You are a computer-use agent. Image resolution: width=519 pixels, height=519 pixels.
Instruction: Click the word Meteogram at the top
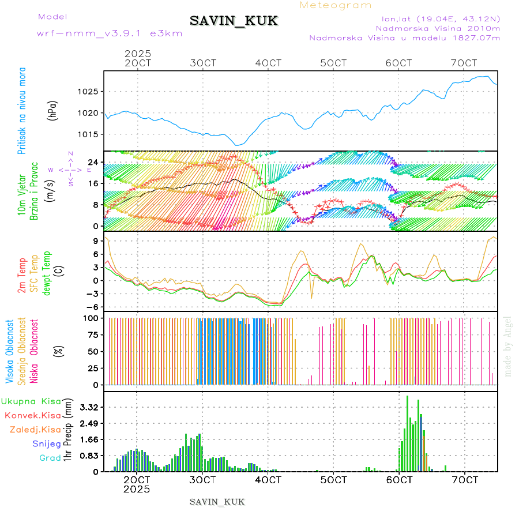tap(336, 5)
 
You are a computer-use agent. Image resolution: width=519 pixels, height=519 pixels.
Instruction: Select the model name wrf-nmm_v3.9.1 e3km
tap(110, 33)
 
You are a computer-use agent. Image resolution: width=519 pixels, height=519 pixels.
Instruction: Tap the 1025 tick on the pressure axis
tap(89, 92)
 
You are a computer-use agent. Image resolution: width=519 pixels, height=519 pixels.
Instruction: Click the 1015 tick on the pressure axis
tap(89, 134)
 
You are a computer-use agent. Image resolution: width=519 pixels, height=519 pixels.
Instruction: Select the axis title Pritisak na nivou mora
tap(22, 110)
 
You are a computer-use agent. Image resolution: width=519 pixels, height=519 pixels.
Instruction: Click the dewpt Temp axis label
tap(47, 272)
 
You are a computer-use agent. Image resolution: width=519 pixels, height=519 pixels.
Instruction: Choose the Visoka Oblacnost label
tap(10, 351)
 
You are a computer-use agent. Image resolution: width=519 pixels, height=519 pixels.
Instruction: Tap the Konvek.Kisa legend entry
tap(32, 415)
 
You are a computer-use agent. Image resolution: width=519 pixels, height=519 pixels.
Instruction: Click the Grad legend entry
tap(50, 458)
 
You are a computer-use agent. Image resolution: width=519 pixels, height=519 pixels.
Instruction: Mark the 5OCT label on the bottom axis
tap(333, 479)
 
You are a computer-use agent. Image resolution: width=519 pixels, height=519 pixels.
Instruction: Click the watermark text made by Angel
tap(508, 346)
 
